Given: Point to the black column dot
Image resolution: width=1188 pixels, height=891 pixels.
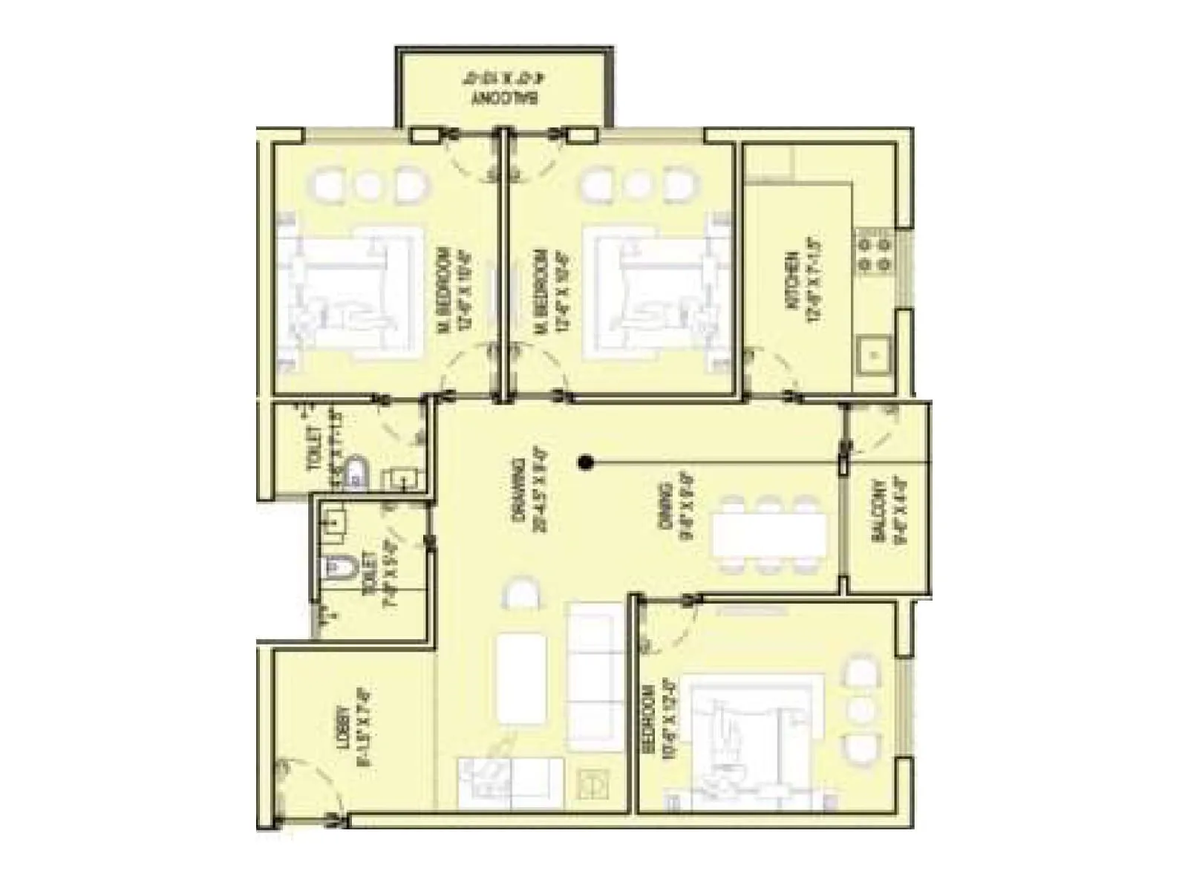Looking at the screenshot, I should click(x=586, y=463).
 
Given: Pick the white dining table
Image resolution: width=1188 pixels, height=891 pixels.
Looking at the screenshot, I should click(x=768, y=531).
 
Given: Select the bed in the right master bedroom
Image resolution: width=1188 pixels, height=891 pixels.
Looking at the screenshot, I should click(x=650, y=293).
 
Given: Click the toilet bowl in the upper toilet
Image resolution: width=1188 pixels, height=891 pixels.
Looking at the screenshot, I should click(x=356, y=471).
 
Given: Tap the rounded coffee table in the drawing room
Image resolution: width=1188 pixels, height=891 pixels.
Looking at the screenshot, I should click(x=521, y=677).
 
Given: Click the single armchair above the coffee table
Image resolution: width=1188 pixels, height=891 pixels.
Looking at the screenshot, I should click(x=521, y=594).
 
